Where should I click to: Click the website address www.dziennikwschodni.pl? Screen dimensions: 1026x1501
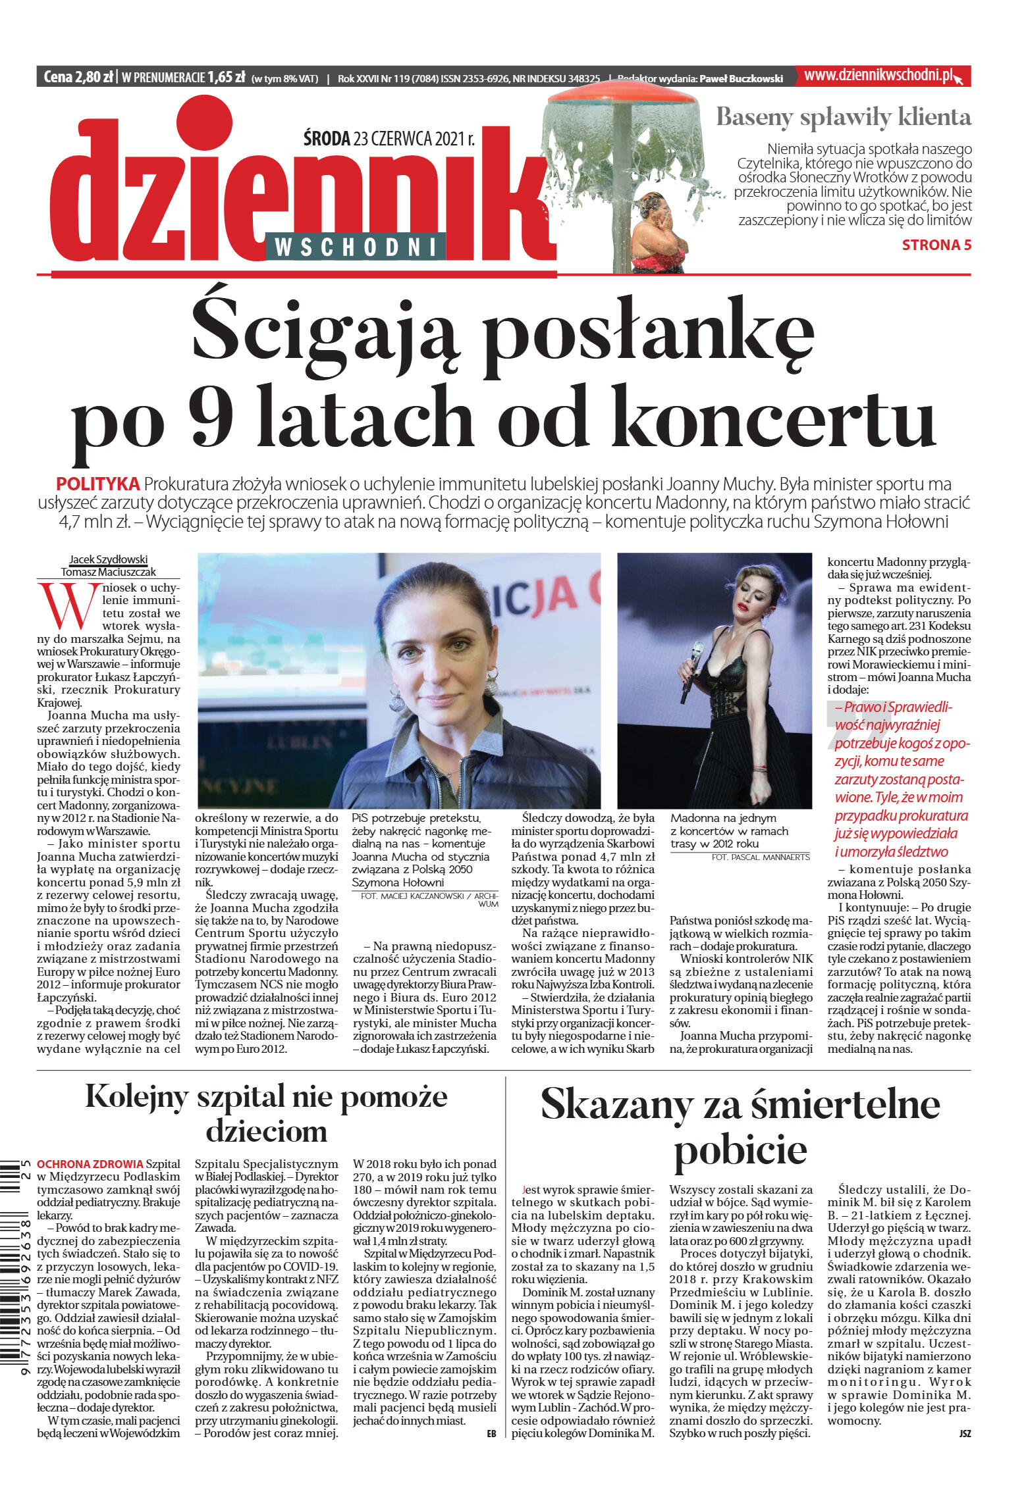(x=878, y=76)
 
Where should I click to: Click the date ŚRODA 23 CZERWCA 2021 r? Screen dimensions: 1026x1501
(x=389, y=139)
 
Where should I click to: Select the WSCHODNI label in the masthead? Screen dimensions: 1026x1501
(x=356, y=247)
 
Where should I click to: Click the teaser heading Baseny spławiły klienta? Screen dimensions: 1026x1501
(x=843, y=117)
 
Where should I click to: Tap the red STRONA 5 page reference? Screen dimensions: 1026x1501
(x=936, y=245)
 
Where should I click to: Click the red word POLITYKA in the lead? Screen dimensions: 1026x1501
(x=97, y=484)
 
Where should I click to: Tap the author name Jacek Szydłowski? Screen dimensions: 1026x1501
(x=109, y=559)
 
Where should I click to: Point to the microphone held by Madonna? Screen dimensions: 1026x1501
(x=691, y=671)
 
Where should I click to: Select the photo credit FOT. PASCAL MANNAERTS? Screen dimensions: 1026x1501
(x=760, y=857)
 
